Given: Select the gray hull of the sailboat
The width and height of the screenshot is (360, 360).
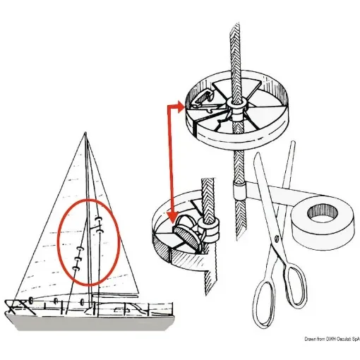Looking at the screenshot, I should coord(85,322).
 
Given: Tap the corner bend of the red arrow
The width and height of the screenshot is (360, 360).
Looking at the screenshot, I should coord(169,106).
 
